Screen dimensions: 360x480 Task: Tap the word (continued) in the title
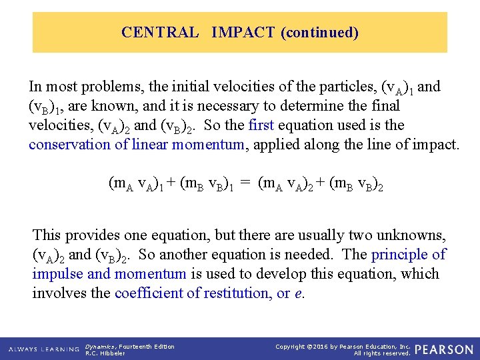click(320, 32)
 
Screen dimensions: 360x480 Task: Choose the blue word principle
click(401, 255)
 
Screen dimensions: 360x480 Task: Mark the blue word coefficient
click(148, 293)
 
